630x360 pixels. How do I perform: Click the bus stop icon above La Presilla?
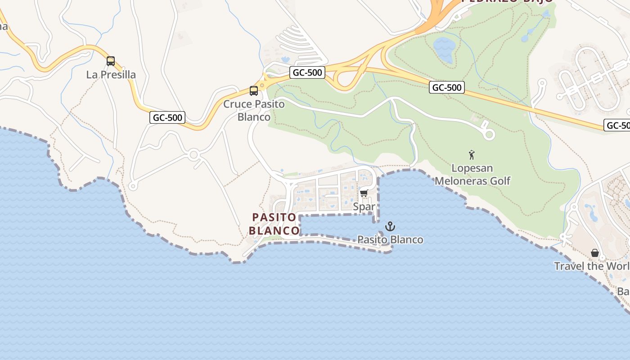click(111, 61)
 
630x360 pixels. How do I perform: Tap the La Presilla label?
click(111, 75)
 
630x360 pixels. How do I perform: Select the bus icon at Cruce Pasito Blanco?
click(254, 91)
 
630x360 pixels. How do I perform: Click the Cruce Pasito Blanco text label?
click(254, 111)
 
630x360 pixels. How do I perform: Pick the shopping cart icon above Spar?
click(364, 193)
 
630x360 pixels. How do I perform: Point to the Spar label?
click(364, 207)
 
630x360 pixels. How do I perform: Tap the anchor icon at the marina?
click(390, 226)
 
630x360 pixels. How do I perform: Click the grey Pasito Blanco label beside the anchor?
click(390, 239)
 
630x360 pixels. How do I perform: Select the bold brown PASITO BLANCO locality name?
click(274, 224)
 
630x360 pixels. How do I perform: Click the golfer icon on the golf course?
click(472, 155)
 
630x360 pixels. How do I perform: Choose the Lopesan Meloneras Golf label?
click(472, 175)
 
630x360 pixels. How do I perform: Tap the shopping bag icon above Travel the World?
click(595, 253)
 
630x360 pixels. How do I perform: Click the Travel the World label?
click(591, 266)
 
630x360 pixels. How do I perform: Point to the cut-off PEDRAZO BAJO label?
click(507, 1)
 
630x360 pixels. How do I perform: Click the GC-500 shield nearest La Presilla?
click(167, 118)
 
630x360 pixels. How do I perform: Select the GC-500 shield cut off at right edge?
click(617, 126)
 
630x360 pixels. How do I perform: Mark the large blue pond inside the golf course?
click(444, 49)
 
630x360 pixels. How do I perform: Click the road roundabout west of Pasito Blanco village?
click(194, 155)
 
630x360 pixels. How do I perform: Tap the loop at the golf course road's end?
click(489, 134)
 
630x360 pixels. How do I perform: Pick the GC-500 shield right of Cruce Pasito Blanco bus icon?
click(307, 72)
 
